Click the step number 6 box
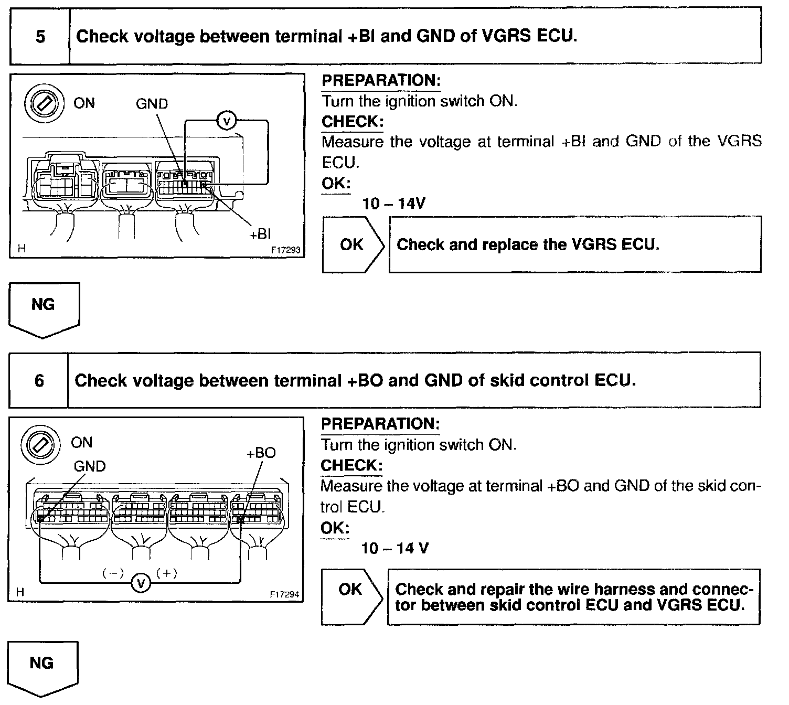tap(39, 380)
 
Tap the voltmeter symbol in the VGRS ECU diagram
tap(227, 121)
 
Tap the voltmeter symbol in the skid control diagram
tap(140, 582)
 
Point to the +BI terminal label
tap(260, 233)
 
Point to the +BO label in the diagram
tap(261, 453)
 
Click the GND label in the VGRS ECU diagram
tap(152, 104)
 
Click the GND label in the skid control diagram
tap(90, 466)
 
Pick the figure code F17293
tap(285, 250)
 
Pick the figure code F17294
tap(284, 594)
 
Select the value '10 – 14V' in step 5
tap(393, 203)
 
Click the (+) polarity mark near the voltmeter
tap(167, 573)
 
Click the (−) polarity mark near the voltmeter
tap(113, 573)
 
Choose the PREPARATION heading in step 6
tap(380, 424)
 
